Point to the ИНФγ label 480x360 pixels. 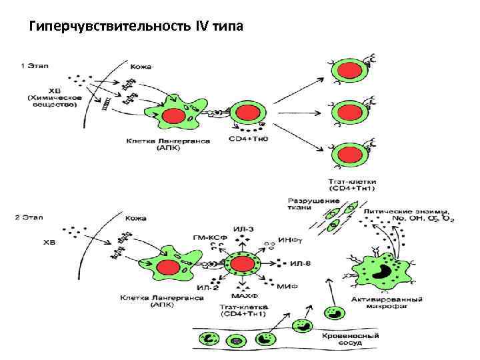click(287, 240)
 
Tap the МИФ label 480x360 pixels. click(289, 285)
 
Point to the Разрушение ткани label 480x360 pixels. click(304, 204)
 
